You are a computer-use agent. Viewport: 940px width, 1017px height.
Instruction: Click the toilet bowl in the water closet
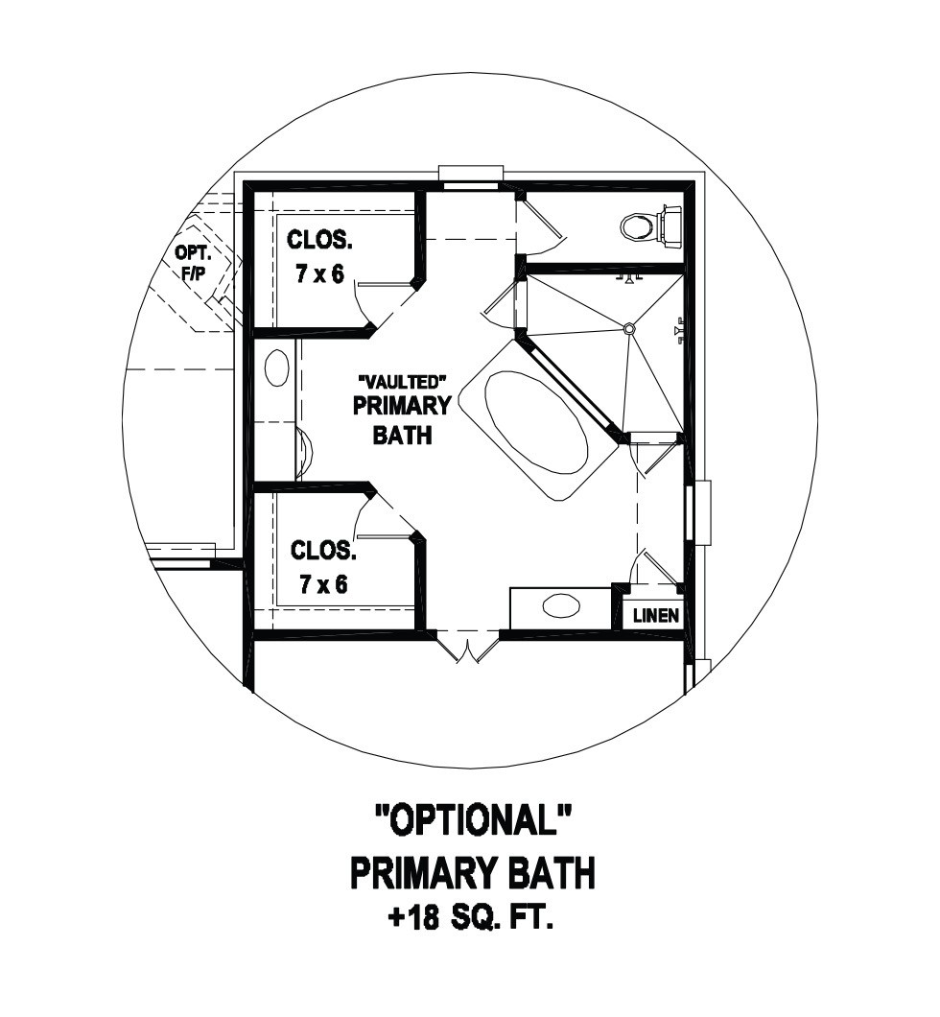[637, 227]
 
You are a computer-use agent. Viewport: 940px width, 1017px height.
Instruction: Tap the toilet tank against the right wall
[671, 226]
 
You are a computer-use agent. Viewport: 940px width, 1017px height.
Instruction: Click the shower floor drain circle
[628, 329]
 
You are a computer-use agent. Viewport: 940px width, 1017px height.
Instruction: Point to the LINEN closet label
[656, 615]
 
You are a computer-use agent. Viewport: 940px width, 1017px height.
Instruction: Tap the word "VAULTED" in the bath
[403, 381]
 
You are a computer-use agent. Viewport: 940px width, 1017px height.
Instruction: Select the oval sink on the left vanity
[277, 368]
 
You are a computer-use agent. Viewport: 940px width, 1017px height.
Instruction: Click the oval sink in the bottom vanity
[561, 606]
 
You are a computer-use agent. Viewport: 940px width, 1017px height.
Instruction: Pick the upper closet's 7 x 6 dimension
[319, 274]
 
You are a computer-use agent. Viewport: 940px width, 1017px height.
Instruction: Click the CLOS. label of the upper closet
[319, 241]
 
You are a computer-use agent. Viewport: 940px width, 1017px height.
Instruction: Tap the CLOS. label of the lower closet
[323, 551]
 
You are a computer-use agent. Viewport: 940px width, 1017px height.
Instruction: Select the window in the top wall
[471, 177]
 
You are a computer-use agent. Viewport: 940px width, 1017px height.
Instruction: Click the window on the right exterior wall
[699, 513]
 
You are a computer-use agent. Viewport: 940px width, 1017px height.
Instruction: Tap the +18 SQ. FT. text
[471, 920]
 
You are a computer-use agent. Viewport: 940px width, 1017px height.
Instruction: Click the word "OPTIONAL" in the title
[473, 819]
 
